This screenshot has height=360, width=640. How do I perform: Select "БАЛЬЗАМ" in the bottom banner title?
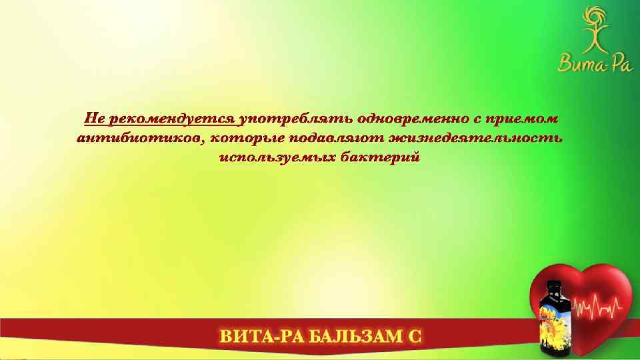[351, 336]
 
